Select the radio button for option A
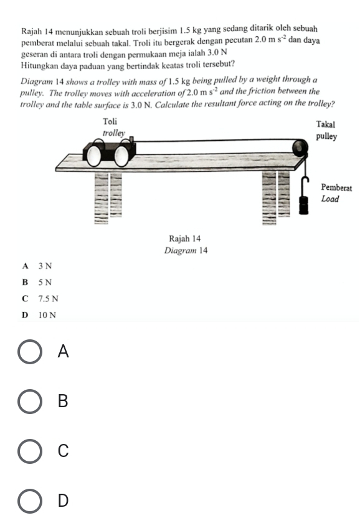(x=30, y=352)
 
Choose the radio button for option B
(x=30, y=401)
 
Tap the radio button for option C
(x=30, y=451)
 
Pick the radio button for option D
(x=30, y=501)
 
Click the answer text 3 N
(x=45, y=266)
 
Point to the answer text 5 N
(x=45, y=282)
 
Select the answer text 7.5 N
(x=49, y=298)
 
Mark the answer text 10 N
(x=47, y=315)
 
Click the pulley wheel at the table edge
(x=300, y=147)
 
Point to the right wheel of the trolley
(x=121, y=156)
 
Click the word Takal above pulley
(x=325, y=125)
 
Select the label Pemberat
(x=336, y=187)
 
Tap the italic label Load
(x=330, y=199)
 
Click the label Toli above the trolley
(x=110, y=121)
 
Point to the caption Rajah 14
(x=184, y=238)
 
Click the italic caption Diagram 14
(x=186, y=250)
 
